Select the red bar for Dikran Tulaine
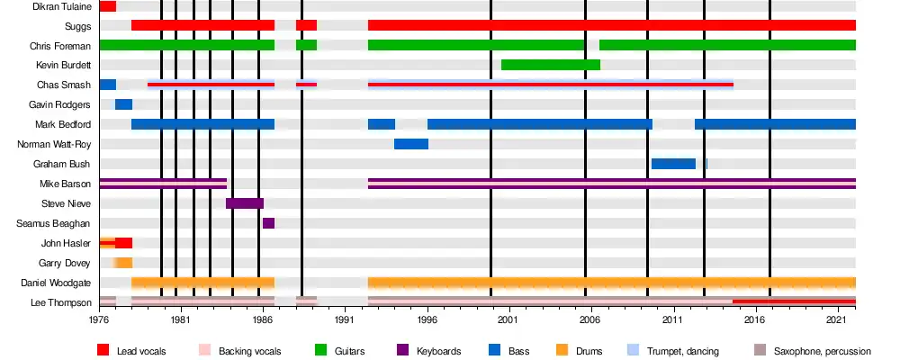107,6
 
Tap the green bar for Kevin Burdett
550,65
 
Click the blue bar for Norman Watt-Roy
410,144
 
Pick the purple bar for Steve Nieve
244,203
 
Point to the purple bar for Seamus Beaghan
268,223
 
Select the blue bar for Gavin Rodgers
123,104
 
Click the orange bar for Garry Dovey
123,263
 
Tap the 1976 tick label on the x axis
99,319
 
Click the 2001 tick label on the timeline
508,319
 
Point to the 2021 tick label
837,319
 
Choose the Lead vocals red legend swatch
103,350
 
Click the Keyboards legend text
438,350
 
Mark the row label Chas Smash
65,85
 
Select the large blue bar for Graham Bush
673,164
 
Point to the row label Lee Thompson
62,302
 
